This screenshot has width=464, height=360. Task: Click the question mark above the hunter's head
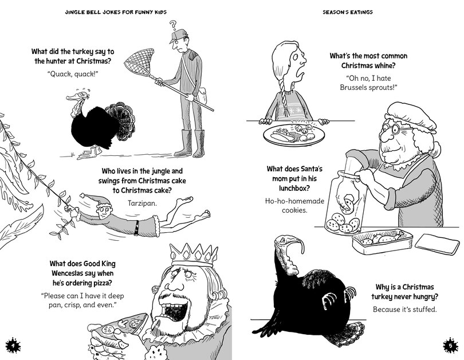pos(174,25)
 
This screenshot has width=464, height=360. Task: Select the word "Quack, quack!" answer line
pos(73,74)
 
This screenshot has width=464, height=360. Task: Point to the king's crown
pos(194,255)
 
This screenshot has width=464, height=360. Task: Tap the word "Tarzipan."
pos(142,203)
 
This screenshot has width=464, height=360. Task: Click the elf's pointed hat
pos(95,199)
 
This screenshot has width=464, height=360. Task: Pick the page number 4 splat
pos(13,346)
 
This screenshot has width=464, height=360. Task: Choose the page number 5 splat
pos(450,346)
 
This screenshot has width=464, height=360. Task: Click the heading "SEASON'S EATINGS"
pos(347,12)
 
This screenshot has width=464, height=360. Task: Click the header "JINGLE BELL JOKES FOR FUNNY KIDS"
pos(116,12)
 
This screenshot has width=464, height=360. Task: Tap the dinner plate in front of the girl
pos(294,135)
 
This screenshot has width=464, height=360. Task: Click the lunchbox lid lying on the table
pos(433,244)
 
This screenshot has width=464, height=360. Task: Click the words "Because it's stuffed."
pos(404,310)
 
